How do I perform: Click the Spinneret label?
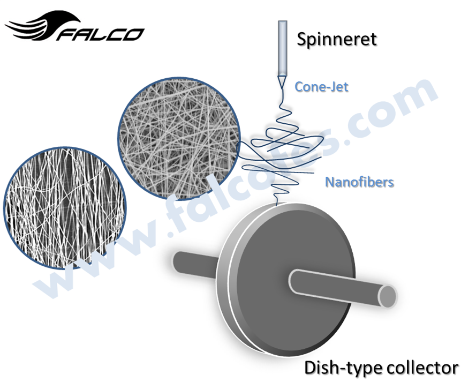337,39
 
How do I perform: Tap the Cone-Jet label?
321,86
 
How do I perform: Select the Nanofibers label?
359,182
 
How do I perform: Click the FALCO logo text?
102,34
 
